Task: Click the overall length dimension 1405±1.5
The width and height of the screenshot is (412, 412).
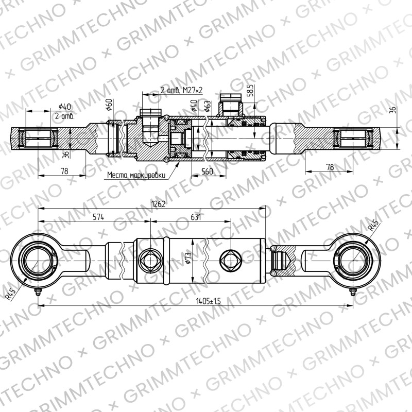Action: coord(209,301)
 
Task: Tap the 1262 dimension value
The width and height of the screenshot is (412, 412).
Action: coord(159,204)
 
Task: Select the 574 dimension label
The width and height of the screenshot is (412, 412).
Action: coord(98,217)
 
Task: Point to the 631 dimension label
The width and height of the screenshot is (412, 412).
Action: coord(196,217)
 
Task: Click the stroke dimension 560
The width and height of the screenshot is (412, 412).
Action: coord(207,171)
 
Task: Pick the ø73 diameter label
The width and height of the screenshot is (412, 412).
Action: coord(187,258)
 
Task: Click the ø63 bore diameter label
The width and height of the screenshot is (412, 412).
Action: coord(208,106)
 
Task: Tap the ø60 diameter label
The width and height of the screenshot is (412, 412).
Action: coord(109,105)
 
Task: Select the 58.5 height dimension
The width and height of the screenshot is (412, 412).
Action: coord(251,90)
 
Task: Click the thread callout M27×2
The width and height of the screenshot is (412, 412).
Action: coord(193,91)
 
